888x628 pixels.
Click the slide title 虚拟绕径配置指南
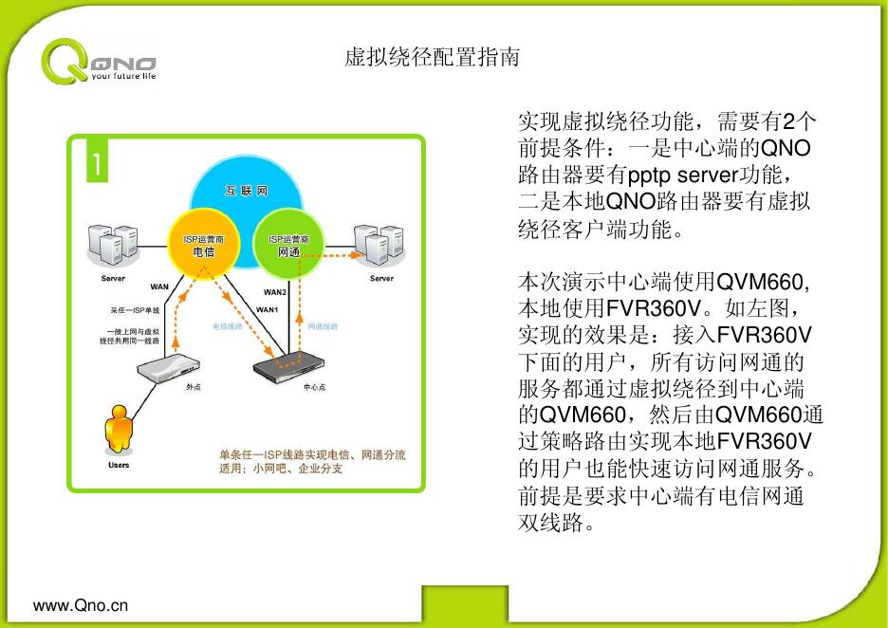tap(432, 58)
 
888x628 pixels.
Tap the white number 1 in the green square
tap(97, 163)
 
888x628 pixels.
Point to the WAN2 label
tap(274, 292)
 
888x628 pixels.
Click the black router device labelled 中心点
tap(291, 363)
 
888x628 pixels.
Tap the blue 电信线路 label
tap(228, 326)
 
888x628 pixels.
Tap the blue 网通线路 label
tap(323, 326)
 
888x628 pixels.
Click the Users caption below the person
tap(118, 465)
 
